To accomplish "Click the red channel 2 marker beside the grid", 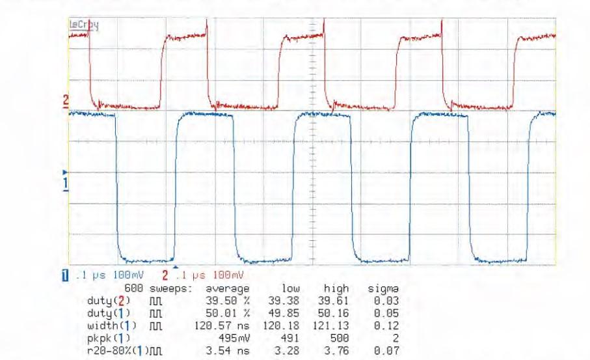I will coord(65,102).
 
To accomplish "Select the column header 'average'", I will coord(227,288).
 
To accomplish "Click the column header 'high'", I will coord(337,288).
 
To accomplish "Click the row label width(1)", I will coord(104,322).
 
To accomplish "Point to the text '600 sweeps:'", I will coord(157,288).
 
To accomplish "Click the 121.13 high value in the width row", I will coord(335,322).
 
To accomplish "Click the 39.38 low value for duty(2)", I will coord(283,300).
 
